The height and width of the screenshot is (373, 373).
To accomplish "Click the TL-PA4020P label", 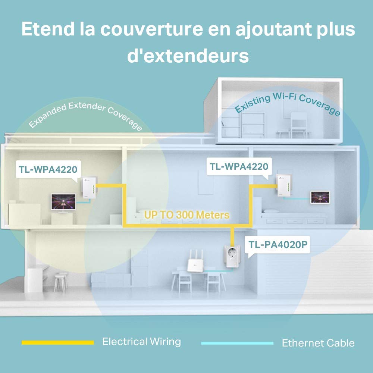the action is pos(278,245).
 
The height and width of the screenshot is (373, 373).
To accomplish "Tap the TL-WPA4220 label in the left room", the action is pos(48,169).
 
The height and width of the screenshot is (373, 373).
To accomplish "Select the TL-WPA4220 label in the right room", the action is pos(239,166).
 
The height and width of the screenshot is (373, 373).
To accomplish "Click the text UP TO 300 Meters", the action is pos(187,215).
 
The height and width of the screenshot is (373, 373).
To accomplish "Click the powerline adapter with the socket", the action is pos(232,257).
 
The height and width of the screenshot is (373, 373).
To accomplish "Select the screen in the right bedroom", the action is pos(320,197).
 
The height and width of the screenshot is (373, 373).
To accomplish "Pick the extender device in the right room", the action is pos(284,185).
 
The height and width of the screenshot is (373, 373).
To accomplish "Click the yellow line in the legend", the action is pos(58,342).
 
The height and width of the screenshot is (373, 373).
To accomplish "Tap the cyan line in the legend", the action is pos(237,343).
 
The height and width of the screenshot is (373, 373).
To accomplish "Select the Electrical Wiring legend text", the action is pos(141,342).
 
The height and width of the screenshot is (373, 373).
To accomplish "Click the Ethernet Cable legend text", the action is pos(318,343).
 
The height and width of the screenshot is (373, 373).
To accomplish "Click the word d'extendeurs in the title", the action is pos(188,56).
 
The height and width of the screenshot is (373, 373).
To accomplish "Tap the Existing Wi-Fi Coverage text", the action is pos(287,103).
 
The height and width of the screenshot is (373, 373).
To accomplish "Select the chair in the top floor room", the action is pos(299,125).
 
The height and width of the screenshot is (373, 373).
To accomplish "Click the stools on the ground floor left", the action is pos(61,282).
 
